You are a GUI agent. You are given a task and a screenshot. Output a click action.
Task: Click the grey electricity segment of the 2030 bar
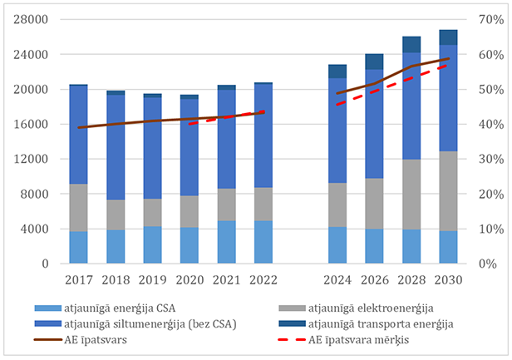[448, 190]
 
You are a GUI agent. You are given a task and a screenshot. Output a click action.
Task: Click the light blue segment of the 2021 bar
[227, 242]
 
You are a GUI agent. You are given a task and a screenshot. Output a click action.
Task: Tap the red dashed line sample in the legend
[291, 338]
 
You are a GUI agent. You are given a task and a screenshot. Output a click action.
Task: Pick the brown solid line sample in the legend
[51, 338]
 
